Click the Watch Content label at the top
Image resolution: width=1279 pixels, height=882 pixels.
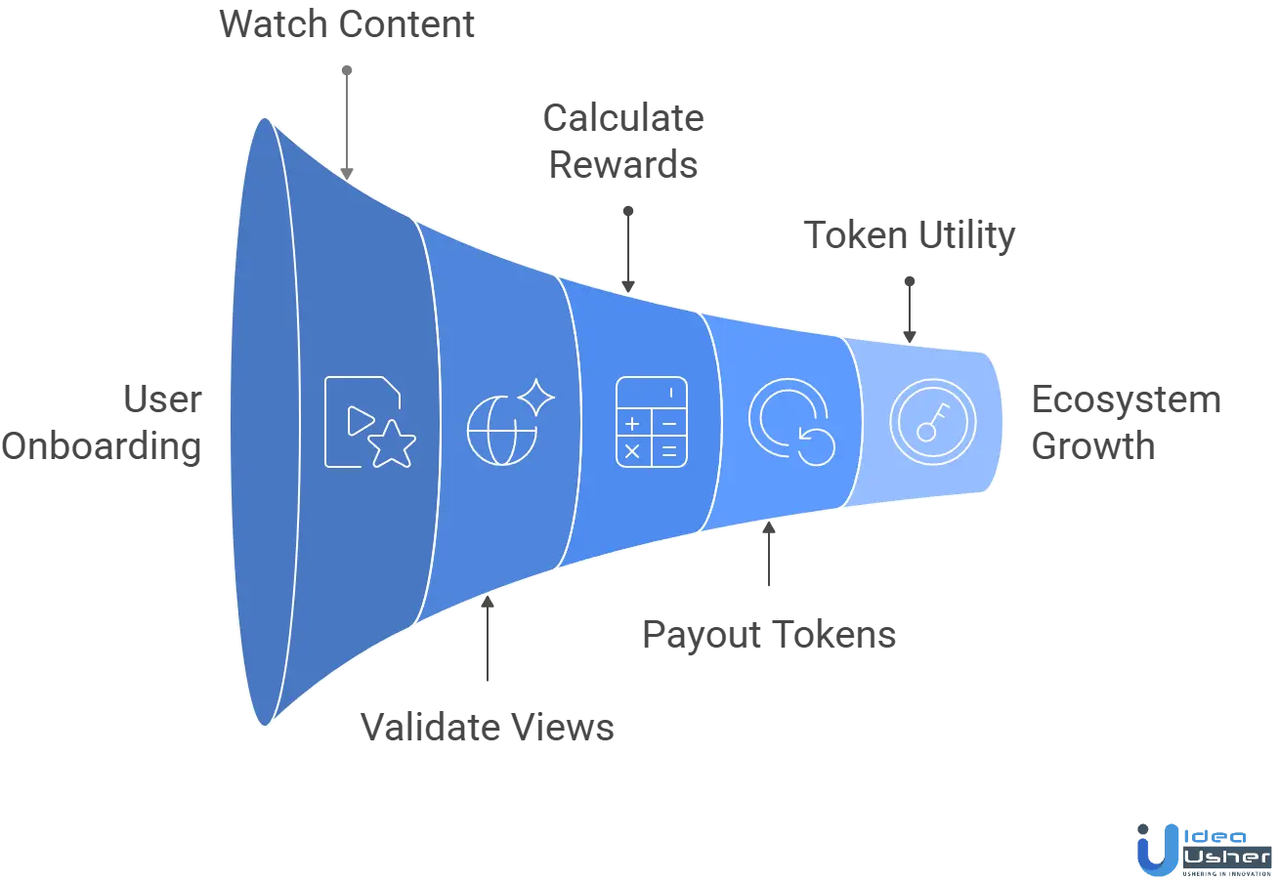tap(347, 24)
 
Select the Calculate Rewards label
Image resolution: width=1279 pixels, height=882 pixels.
tap(625, 144)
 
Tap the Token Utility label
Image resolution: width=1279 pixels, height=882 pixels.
tap(908, 236)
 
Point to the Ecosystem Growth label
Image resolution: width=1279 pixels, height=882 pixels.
tap(1129, 424)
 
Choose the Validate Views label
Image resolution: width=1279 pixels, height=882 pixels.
tap(489, 729)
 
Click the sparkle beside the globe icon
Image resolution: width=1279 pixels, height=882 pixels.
tap(535, 397)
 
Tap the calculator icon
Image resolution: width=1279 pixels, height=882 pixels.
tap(651, 420)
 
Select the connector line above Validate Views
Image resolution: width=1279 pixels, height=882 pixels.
tap(489, 645)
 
